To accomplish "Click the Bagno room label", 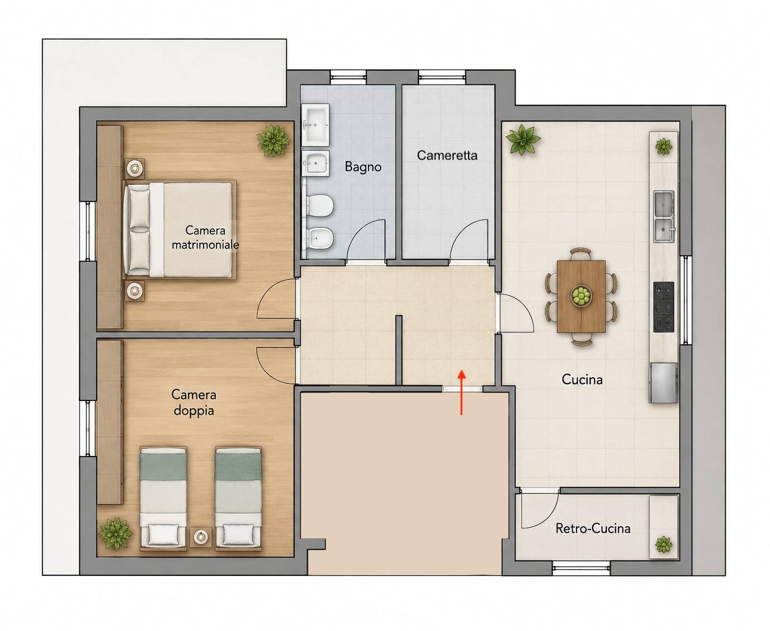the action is point(363,167).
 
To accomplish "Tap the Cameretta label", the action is point(447,156).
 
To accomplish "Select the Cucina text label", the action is point(582,379).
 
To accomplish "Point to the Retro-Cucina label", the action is point(593,528).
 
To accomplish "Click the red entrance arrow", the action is point(461,393).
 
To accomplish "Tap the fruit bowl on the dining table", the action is point(581,295).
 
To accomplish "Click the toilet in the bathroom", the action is point(319,206).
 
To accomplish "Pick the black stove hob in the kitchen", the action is point(663,307).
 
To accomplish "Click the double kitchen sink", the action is point(664,216).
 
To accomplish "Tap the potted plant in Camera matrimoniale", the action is point(273,141).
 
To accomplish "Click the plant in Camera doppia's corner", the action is point(116,533).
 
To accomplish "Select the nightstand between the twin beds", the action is point(201,537).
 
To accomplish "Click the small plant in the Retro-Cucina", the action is point(663,545).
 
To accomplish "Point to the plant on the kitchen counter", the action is point(663,147).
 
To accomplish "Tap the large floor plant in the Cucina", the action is point(523,139).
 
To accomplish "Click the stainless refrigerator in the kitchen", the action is point(663,383).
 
